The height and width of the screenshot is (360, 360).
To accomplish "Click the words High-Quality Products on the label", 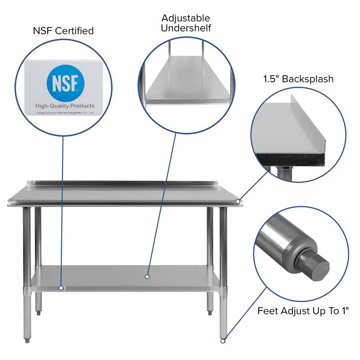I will click(x=65, y=106).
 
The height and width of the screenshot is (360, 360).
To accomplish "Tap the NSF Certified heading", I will click(x=63, y=31).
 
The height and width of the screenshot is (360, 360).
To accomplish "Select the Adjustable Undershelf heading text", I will click(x=186, y=23).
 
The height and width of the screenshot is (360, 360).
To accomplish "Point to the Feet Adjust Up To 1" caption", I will click(x=303, y=311).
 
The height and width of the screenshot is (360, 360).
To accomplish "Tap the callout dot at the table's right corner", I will click(x=238, y=201).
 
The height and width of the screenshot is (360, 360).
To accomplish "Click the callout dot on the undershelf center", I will click(x=147, y=276).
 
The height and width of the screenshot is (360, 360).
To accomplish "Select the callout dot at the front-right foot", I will click(x=223, y=341).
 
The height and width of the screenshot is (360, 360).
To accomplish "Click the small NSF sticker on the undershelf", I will click(x=61, y=288).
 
